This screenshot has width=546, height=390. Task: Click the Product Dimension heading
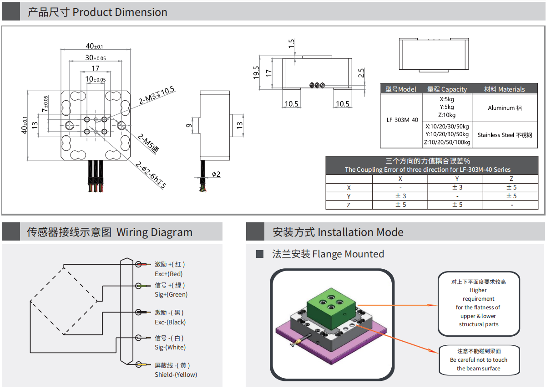click(x=97, y=12)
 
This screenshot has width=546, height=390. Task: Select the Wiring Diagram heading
click(x=109, y=232)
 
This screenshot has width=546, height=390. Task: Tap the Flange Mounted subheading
click(x=328, y=254)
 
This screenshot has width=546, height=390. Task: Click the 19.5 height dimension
click(x=256, y=72)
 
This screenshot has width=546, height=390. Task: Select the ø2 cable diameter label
click(x=216, y=174)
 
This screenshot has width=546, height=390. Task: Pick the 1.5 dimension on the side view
click(x=292, y=44)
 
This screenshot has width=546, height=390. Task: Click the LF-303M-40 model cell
click(x=402, y=120)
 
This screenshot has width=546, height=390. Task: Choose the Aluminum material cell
click(x=505, y=108)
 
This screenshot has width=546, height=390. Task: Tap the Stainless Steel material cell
click(x=505, y=135)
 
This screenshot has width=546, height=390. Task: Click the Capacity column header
click(x=447, y=89)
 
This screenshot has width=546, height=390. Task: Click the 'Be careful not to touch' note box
click(x=479, y=359)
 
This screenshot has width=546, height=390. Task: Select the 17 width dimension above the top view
click(x=95, y=68)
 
